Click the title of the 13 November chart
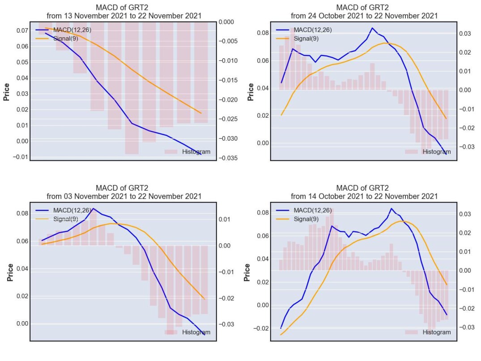tap(124, 12)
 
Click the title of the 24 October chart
tap(364, 12)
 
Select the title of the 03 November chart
tap(124, 192)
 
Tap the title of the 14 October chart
tap(364, 192)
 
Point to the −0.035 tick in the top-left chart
tap(228, 158)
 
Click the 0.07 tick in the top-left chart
tap(22, 30)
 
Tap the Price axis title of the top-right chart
tap(251, 92)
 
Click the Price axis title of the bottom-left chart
tap(10, 272)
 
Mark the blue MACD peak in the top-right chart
tap(372, 28)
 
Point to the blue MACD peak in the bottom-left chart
tap(93, 208)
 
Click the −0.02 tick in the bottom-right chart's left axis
tap(260, 328)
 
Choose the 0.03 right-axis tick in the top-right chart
tap(465, 34)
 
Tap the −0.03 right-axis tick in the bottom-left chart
tap(226, 324)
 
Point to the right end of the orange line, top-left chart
tap(201, 113)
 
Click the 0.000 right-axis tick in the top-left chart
tap(226, 22)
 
